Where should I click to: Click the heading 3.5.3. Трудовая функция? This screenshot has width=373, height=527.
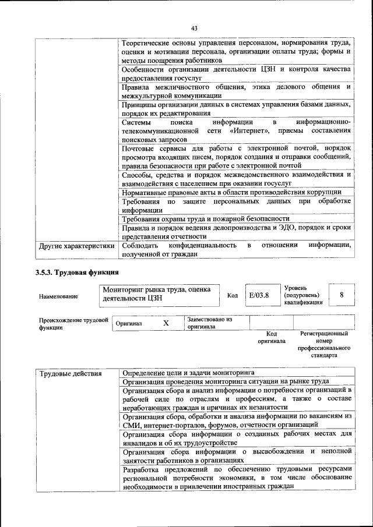click(x=77, y=271)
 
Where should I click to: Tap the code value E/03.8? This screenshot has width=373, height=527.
click(x=259, y=296)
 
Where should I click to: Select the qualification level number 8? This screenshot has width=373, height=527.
click(x=342, y=295)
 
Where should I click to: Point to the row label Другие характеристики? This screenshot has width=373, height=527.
click(x=76, y=246)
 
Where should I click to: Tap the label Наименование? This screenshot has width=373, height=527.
click(x=58, y=296)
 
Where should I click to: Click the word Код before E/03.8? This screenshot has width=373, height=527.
click(x=232, y=296)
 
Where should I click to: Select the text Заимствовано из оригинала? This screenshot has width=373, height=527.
click(x=209, y=323)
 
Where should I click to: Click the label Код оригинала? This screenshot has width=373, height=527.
click(x=272, y=337)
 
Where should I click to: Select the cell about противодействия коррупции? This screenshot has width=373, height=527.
click(x=231, y=192)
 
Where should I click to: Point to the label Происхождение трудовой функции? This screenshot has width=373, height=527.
click(x=73, y=323)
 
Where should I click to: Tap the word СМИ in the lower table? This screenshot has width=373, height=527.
click(x=131, y=425)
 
